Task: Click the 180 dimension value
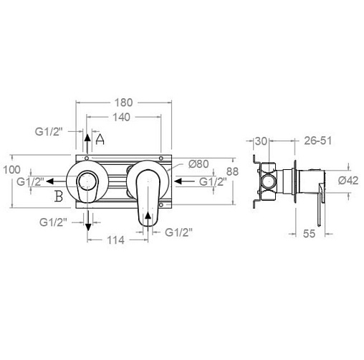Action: click(x=123, y=103)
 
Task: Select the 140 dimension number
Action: click(x=121, y=117)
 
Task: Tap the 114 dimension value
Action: click(x=115, y=240)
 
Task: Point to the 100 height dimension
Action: click(x=11, y=170)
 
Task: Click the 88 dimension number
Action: click(x=232, y=171)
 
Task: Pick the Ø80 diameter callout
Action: click(x=198, y=164)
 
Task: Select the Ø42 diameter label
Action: click(x=348, y=180)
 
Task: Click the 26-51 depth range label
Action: click(x=318, y=141)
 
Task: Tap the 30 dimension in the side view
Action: click(x=261, y=141)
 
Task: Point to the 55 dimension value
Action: click(x=310, y=233)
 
